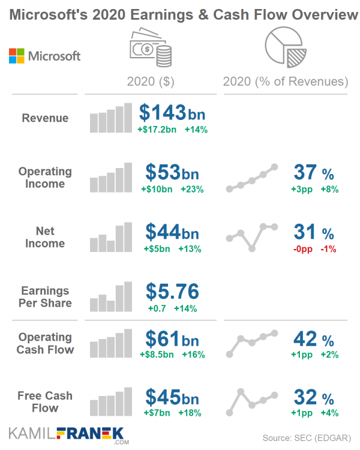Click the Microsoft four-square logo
click(x=16, y=56)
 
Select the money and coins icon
click(x=150, y=48)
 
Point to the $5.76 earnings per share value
click(x=172, y=292)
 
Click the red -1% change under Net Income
click(x=329, y=249)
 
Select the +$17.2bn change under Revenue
click(x=157, y=129)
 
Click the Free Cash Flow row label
click(x=45, y=402)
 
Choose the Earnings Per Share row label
click(x=45, y=296)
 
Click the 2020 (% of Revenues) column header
click(x=285, y=81)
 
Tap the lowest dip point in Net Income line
click(x=252, y=248)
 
